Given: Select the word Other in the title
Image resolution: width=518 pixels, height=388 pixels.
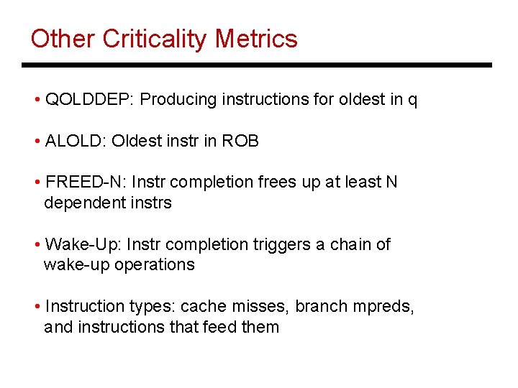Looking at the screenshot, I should pyautogui.click(x=63, y=39).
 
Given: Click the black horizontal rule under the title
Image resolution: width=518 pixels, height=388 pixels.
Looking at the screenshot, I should pyautogui.click(x=257, y=65).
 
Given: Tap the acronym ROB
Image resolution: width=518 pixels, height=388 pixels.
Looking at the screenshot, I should pyautogui.click(x=240, y=142).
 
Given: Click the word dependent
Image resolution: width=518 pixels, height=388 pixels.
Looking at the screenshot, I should pyautogui.click(x=80, y=203).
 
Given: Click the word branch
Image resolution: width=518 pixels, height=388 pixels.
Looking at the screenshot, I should pyautogui.click(x=322, y=307).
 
